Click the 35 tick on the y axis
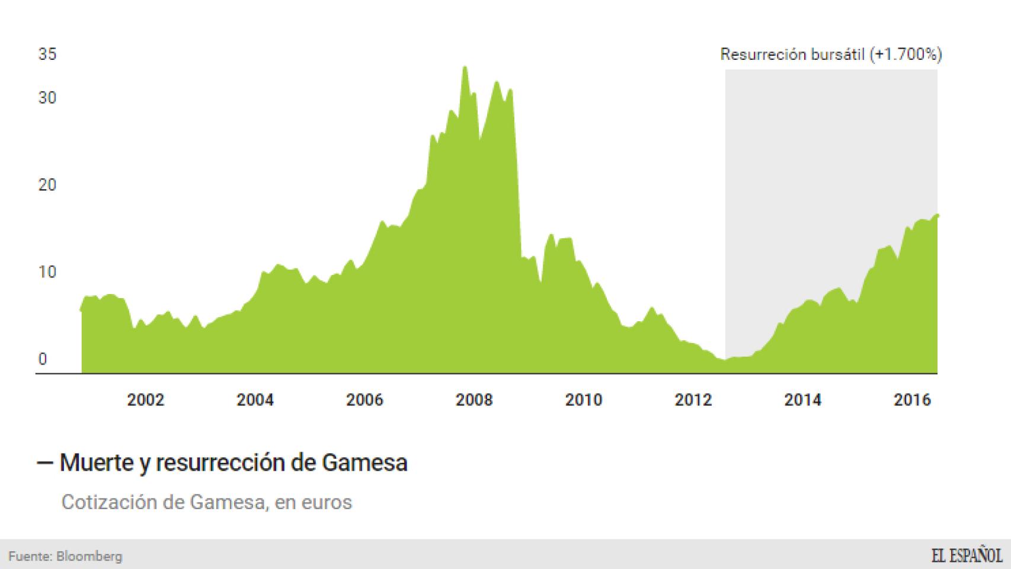coord(47,54)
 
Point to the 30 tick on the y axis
coord(47,97)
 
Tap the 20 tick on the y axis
coord(47,185)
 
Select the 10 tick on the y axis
coord(47,272)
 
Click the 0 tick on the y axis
coord(43,359)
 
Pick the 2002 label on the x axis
coord(145,400)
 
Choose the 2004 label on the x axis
coord(255,400)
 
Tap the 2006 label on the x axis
coord(364,400)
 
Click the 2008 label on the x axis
coord(474,400)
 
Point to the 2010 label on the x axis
coord(584,400)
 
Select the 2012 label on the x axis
coord(693,400)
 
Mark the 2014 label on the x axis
coord(803,400)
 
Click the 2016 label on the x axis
coord(912,400)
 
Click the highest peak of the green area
coord(465,67)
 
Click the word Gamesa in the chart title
coord(364,462)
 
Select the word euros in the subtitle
coord(326,502)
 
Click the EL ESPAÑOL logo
coord(967,555)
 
